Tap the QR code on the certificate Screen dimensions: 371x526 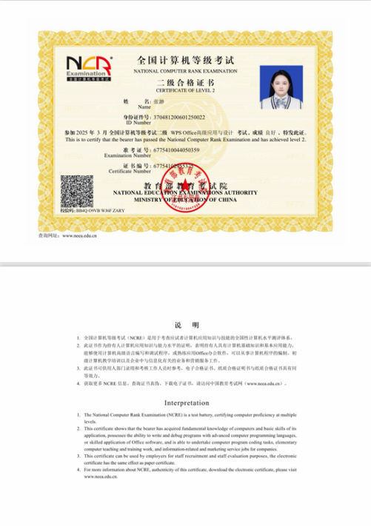pyautogui.click(x=77, y=191)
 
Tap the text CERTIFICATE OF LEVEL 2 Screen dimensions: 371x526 pyautogui.click(x=185, y=89)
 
